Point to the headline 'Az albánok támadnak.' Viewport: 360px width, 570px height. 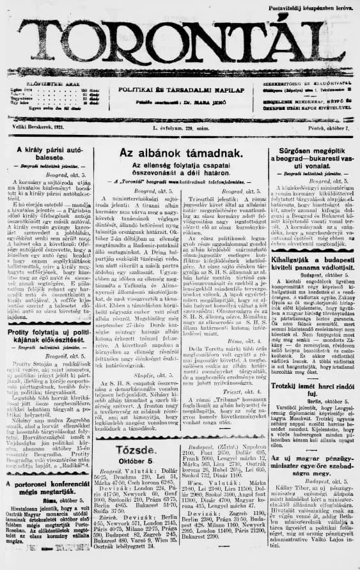click(181, 154)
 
